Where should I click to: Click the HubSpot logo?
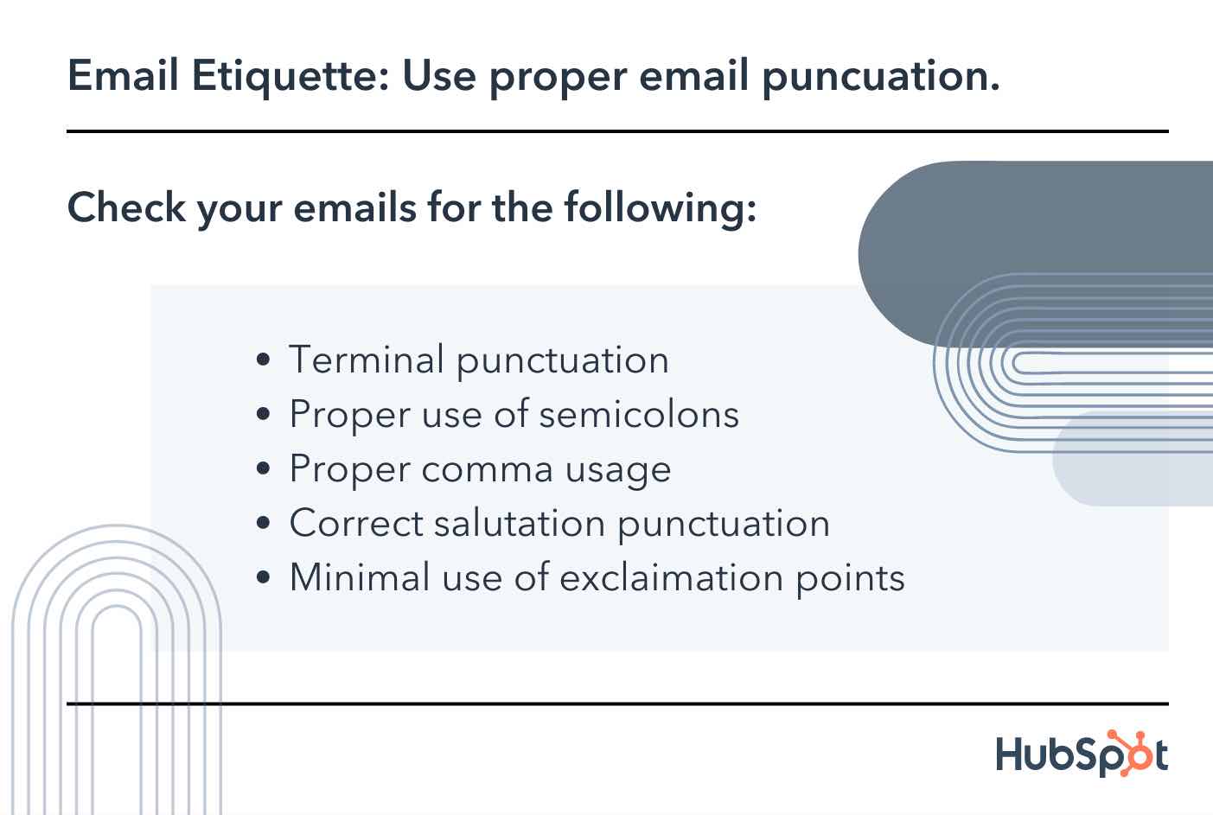tap(1081, 754)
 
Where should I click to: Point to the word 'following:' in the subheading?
tap(661, 207)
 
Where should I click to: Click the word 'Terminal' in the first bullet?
tap(367, 360)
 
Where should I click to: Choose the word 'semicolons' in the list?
tap(639, 414)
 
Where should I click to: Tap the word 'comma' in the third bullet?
tap(487, 469)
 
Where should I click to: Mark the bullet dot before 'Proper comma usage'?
tap(265, 470)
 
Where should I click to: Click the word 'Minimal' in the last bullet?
tap(359, 577)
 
